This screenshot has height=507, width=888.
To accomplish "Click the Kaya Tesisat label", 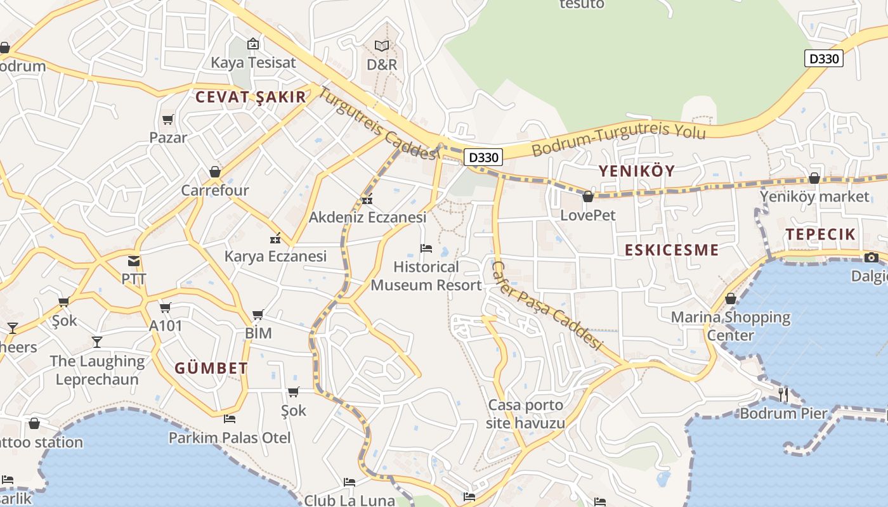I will click(x=253, y=63).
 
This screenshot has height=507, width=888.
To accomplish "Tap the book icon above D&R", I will click(x=382, y=46).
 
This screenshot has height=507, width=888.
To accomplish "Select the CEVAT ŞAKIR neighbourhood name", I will click(x=251, y=97).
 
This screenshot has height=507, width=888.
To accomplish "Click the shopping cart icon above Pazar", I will click(x=168, y=119).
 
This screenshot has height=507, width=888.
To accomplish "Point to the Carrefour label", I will click(x=215, y=190).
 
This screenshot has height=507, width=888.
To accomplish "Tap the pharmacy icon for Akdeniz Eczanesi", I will click(x=367, y=200).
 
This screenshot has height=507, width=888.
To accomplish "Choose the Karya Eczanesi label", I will click(x=275, y=256).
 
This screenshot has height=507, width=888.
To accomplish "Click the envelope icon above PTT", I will click(x=134, y=260).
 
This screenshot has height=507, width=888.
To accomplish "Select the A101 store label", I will click(x=166, y=326).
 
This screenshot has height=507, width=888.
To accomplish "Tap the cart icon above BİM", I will click(x=258, y=314).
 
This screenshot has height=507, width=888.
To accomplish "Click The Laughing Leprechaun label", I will click(x=97, y=370).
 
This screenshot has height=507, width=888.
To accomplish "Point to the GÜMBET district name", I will click(x=211, y=368).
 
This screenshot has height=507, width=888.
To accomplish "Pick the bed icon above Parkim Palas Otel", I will click(x=230, y=419).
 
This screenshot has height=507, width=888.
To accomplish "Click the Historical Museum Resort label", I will click(x=426, y=276).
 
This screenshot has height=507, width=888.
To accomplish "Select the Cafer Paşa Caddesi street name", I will click(x=546, y=305).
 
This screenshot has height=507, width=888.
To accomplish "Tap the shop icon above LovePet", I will click(x=588, y=197).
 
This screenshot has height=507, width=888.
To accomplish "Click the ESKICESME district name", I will click(x=672, y=250).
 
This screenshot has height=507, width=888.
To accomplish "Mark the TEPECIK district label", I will click(x=821, y=234).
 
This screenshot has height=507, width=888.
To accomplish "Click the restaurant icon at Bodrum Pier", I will click(x=783, y=394).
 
